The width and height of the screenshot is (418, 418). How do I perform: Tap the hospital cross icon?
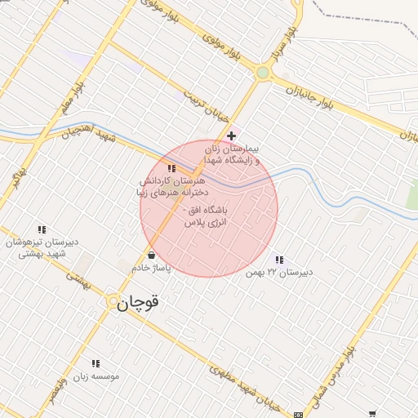(232, 136)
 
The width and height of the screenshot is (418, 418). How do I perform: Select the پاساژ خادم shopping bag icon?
(152, 256)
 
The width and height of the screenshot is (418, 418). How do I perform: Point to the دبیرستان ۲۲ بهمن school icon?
(280, 260)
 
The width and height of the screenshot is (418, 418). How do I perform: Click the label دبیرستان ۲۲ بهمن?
(279, 273)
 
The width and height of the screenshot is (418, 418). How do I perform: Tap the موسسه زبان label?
(97, 376)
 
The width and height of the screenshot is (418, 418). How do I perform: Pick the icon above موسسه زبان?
(96, 363)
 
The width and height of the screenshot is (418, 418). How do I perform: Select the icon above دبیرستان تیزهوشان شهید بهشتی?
(42, 230)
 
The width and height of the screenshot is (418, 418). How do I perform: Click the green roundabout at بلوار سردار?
(262, 73)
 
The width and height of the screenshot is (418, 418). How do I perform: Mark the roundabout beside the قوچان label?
(113, 303)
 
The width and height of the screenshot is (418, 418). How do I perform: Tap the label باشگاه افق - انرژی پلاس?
(207, 216)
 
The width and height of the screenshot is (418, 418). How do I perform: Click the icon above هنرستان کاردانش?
(171, 168)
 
